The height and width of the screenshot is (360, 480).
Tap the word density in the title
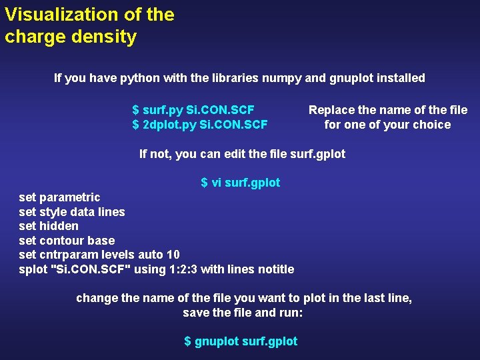click(106, 37)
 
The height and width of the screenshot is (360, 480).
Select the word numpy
click(275, 78)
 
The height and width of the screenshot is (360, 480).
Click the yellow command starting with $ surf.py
click(193, 110)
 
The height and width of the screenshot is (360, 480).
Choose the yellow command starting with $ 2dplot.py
click(200, 125)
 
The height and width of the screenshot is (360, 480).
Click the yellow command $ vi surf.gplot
click(241, 183)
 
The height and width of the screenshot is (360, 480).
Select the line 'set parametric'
click(59, 197)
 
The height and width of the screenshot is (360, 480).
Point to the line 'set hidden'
click(49, 226)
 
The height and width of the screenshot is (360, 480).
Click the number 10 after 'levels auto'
click(173, 255)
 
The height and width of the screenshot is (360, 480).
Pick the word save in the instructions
click(196, 313)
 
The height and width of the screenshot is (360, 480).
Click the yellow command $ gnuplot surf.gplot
click(241, 341)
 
